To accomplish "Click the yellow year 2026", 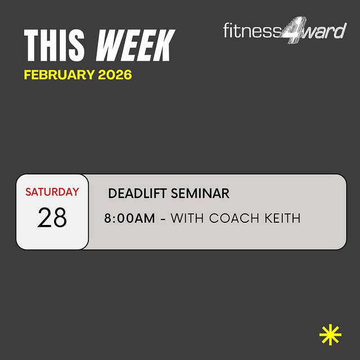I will [x=115, y=75].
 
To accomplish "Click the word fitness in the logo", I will [x=251, y=30].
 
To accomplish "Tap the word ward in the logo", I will [x=325, y=30].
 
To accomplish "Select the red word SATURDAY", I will [x=52, y=192].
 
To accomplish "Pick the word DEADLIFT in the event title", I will [x=136, y=193].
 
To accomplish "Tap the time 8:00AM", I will [x=129, y=218].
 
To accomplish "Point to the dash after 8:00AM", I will [x=163, y=219].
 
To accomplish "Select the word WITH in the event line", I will [x=187, y=218].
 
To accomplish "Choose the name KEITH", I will [x=282, y=218].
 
